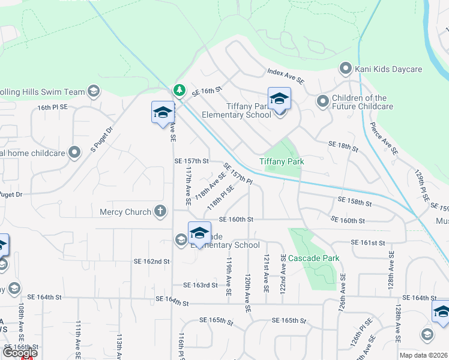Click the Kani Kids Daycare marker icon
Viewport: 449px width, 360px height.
click(x=346, y=68)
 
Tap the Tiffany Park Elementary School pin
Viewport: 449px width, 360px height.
click(x=279, y=100)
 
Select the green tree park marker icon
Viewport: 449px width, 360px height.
click(x=178, y=90)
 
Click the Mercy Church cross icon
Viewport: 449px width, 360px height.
click(x=160, y=211)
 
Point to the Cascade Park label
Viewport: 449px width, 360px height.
click(x=314, y=259)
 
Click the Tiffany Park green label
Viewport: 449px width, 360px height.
click(x=282, y=161)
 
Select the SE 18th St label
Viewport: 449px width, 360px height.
click(x=343, y=146)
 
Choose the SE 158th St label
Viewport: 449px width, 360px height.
click(x=355, y=202)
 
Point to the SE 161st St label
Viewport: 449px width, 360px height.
click(x=368, y=243)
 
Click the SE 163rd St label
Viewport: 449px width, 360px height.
click(x=200, y=285)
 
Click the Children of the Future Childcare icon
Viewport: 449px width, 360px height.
click(x=323, y=101)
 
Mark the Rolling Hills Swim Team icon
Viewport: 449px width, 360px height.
click(x=93, y=91)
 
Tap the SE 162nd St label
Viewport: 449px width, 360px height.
click(x=151, y=262)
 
